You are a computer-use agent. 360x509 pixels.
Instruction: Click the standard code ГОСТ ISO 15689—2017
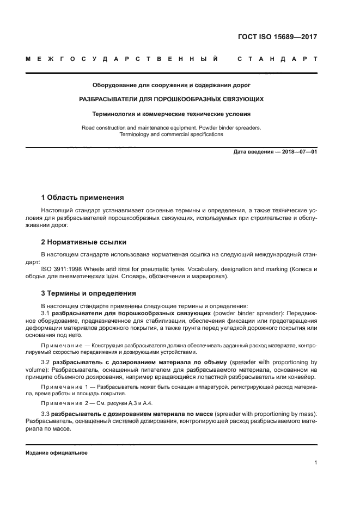[278, 38]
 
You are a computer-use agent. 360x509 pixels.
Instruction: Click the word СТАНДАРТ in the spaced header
[277, 58]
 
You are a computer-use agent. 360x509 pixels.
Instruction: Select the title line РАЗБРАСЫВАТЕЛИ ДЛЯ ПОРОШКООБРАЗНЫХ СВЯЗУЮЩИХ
[172, 100]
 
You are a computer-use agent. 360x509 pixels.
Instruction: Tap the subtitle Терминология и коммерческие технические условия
[172, 114]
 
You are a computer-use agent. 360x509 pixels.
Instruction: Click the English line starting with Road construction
[172, 127]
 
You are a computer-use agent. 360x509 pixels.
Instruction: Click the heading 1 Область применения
[82, 197]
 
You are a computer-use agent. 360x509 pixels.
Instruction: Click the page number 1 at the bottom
[315, 463]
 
